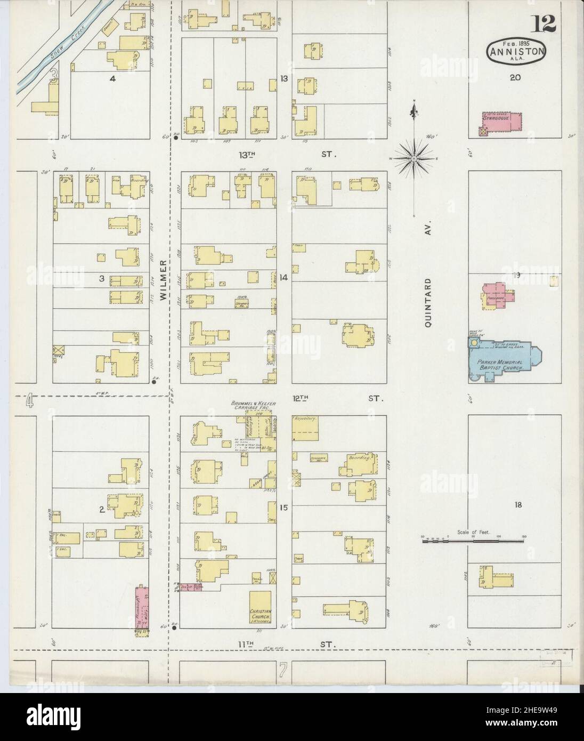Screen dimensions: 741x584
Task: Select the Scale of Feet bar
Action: coord(473,541)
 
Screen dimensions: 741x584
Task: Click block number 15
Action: coord(284,508)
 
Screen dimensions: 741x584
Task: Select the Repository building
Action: coord(306,427)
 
